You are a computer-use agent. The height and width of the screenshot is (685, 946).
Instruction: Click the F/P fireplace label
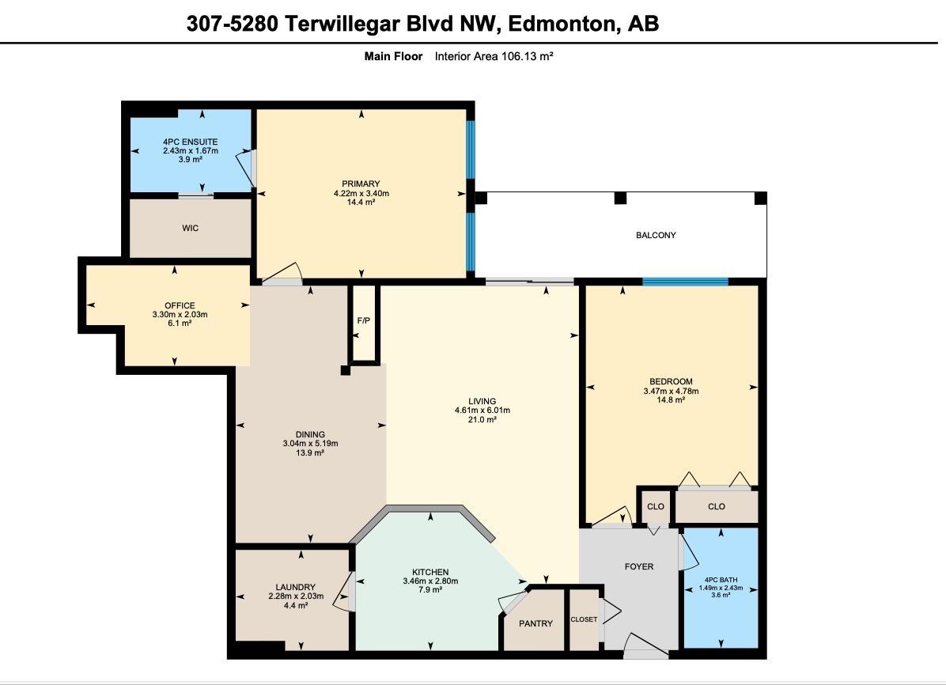(x=364, y=321)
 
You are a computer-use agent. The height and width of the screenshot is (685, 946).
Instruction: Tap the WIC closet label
(x=190, y=229)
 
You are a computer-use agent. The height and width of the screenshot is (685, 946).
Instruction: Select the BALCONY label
(x=656, y=235)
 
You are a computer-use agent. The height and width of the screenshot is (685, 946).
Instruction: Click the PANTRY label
(x=535, y=624)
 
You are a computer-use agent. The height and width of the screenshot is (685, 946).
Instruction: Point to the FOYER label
(x=639, y=566)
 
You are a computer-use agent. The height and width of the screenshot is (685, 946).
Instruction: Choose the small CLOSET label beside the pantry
(x=585, y=619)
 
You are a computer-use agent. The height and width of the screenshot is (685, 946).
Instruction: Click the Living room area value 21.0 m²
(x=482, y=420)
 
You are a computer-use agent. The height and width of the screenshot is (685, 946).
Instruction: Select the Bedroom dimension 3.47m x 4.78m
(x=671, y=391)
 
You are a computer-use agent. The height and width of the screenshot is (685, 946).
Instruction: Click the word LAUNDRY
(x=297, y=588)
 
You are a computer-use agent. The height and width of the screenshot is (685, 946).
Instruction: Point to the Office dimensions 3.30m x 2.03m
(x=180, y=315)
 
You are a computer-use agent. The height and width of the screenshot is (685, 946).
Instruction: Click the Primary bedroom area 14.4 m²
(x=361, y=202)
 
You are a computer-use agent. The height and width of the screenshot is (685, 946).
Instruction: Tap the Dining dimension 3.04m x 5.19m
(x=310, y=444)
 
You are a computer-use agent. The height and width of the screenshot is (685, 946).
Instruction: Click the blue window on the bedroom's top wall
(x=685, y=282)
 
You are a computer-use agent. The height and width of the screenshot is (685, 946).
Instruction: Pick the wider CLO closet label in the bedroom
(x=716, y=507)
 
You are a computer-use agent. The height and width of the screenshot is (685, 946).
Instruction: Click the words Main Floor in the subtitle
(x=393, y=56)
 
